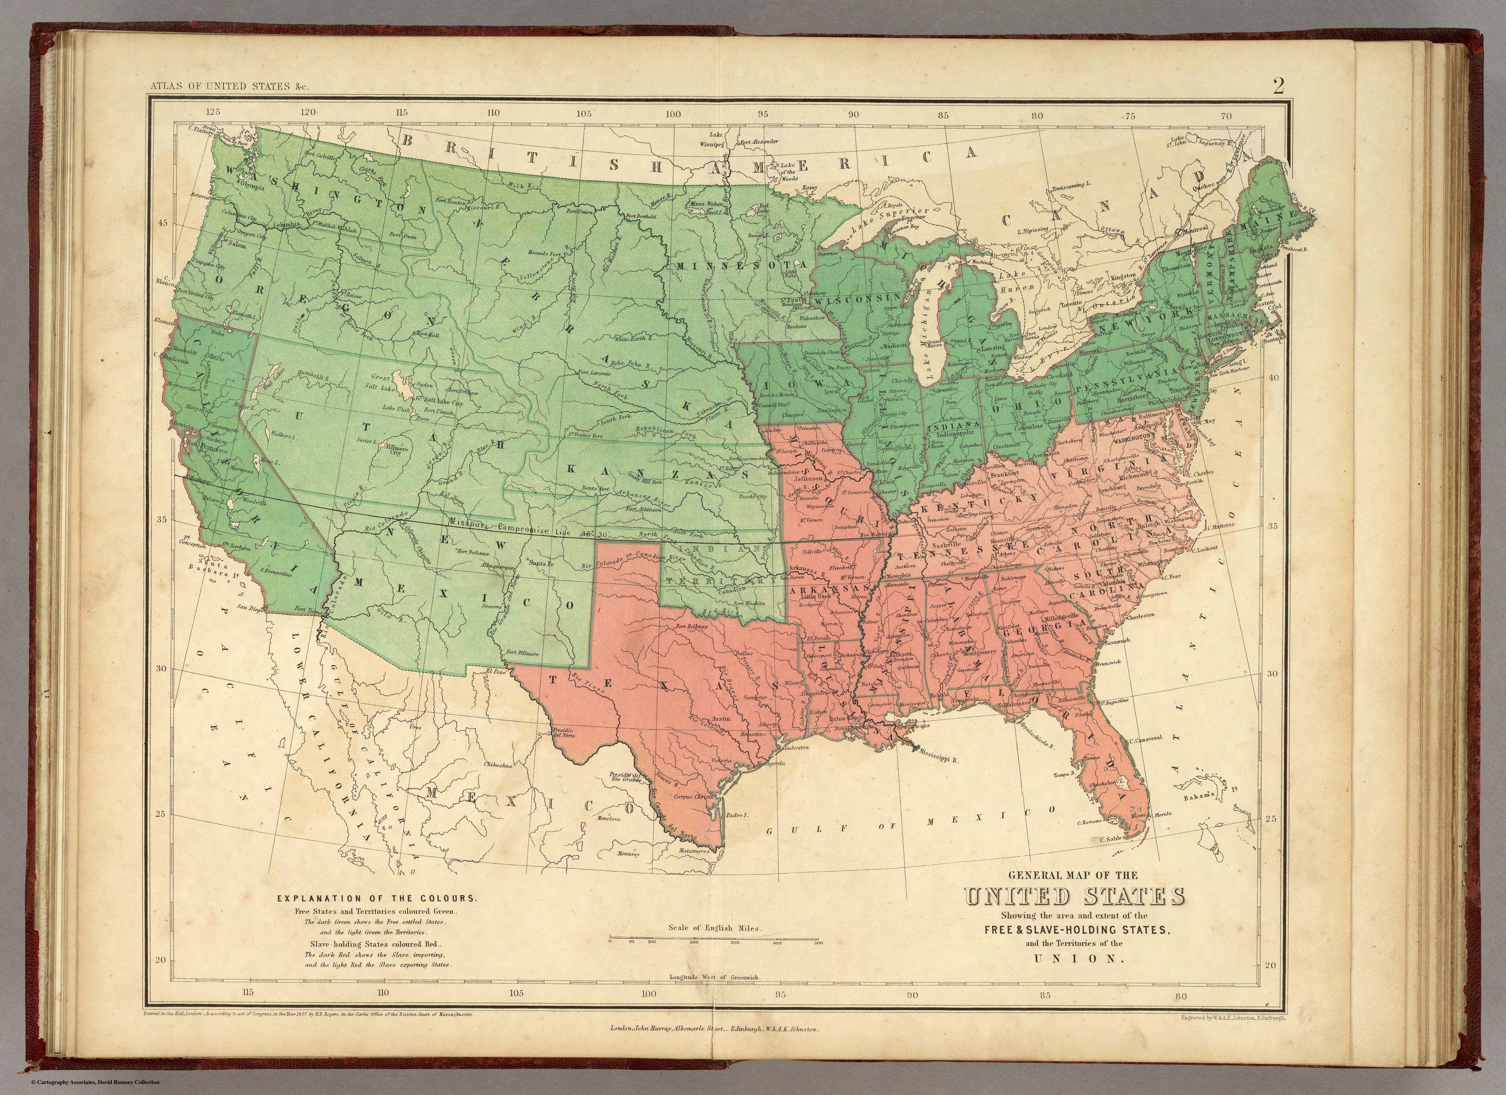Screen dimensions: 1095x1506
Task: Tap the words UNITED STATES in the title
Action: coord(1074,897)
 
